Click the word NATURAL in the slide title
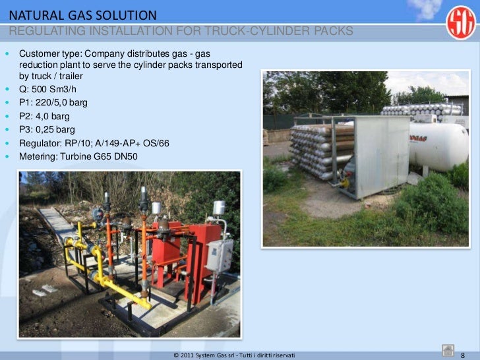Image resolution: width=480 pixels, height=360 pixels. [32, 15]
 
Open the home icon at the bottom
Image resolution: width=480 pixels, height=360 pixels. [446, 351]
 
